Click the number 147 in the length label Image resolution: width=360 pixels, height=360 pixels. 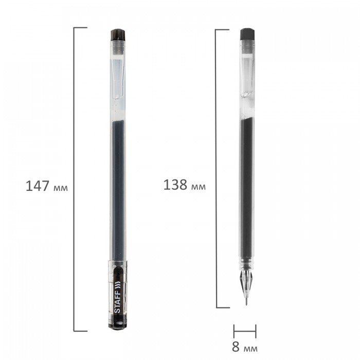pos(37,186)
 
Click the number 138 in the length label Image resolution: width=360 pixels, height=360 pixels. pos(175,185)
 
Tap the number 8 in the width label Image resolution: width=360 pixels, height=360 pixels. pos(236,347)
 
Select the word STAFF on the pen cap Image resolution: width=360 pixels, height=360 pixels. pos(117,302)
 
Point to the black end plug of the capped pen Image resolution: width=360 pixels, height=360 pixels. pos(118,35)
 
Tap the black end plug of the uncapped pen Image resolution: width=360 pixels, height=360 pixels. pos(247,34)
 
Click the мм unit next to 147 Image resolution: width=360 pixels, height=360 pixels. pos(61,188)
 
